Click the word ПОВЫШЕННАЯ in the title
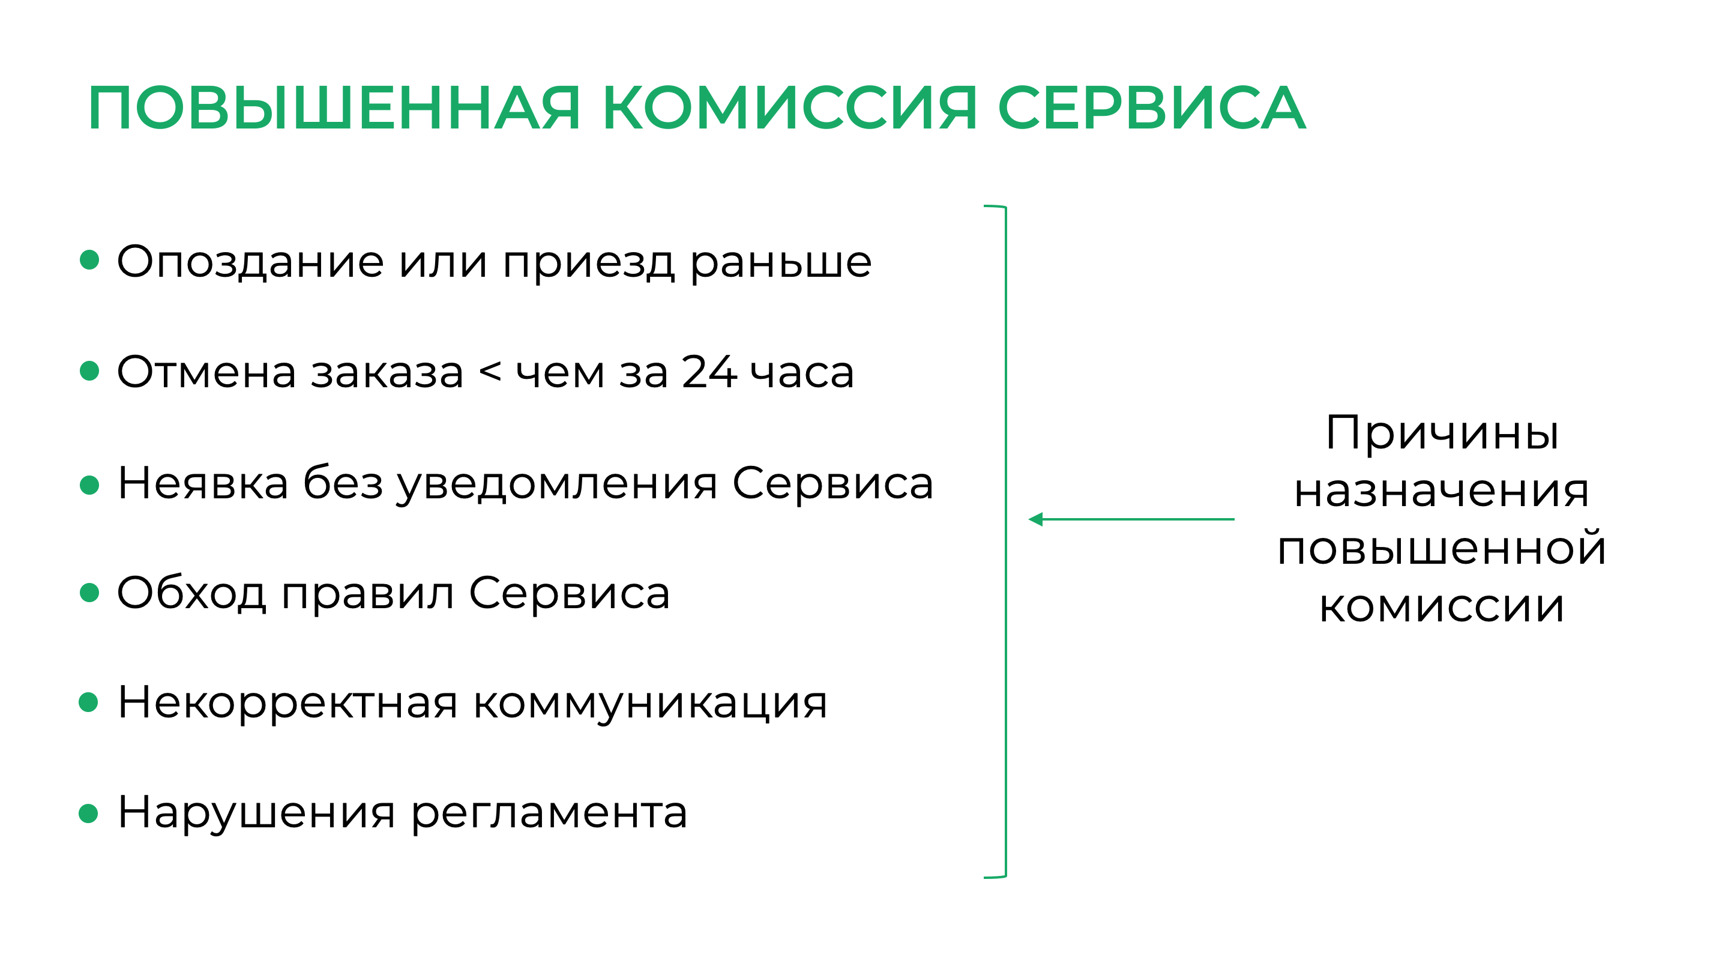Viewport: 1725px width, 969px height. [334, 108]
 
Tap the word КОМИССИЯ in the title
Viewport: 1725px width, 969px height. [789, 108]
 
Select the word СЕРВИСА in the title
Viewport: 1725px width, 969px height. [1151, 108]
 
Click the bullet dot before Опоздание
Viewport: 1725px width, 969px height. [89, 260]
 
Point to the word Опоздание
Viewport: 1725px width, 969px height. [250, 262]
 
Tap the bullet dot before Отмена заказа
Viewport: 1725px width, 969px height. [89, 370]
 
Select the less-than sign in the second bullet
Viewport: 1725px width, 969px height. [490, 372]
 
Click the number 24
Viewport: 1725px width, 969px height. [709, 372]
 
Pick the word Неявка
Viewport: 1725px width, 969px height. [203, 483]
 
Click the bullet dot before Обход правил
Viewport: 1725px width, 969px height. [89, 592]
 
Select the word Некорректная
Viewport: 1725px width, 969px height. [288, 702]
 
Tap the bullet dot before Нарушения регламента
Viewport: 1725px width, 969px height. [88, 814]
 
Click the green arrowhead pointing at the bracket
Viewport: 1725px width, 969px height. [1036, 519]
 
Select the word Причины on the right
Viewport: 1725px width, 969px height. [1442, 433]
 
